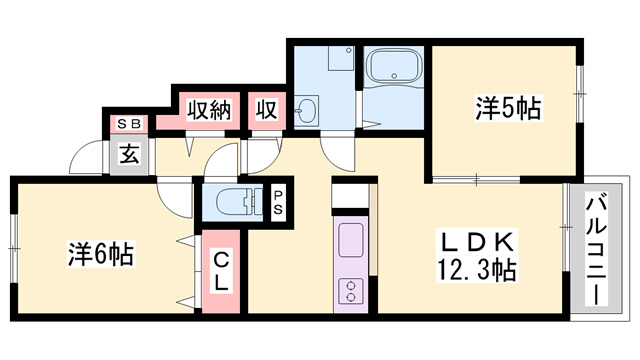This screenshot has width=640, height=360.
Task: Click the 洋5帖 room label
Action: (x=508, y=108)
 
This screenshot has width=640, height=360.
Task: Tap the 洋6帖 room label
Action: (x=100, y=254)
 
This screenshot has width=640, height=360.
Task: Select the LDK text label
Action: (x=478, y=243)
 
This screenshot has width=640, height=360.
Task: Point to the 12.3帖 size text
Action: (x=477, y=270)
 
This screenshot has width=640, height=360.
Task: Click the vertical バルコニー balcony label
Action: (x=597, y=249)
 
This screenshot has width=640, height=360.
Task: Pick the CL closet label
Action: (x=221, y=270)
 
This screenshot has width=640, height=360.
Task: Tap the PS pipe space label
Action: (x=278, y=203)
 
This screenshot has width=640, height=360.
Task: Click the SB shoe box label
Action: (x=129, y=124)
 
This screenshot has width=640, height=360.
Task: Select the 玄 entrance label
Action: (x=129, y=155)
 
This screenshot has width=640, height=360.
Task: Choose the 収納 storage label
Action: (x=209, y=109)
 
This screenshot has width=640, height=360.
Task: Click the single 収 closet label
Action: (x=267, y=109)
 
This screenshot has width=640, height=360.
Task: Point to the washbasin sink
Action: (x=307, y=110)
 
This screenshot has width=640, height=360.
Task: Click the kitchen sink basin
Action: (x=350, y=240)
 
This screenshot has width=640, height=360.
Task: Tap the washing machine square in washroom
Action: (x=341, y=58)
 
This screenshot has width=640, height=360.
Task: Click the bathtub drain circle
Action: (x=394, y=76)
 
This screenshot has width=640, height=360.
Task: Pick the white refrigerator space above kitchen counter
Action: (x=350, y=196)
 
